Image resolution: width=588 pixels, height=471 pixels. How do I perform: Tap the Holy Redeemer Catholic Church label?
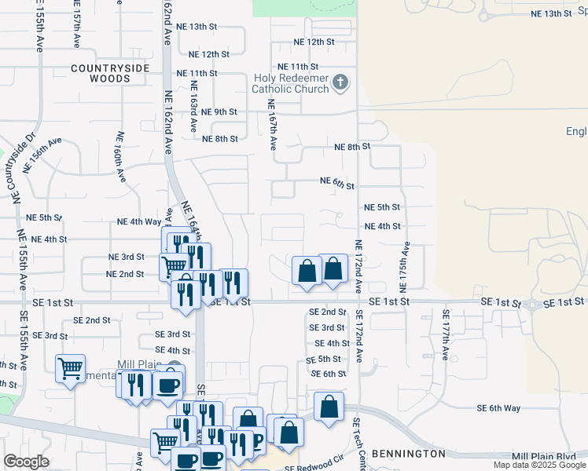290,83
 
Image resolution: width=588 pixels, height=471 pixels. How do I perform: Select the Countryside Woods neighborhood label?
110,73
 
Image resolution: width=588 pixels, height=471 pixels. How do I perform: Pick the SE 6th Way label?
499,408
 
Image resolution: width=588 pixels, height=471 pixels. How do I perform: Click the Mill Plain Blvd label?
543,455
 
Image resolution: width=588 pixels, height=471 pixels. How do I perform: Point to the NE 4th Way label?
139,222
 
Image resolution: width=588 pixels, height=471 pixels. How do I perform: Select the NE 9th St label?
219,111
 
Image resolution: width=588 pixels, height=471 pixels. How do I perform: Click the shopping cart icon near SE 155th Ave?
70,367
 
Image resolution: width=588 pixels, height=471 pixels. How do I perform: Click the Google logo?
26,462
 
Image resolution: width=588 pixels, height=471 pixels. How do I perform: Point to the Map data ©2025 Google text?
538,465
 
